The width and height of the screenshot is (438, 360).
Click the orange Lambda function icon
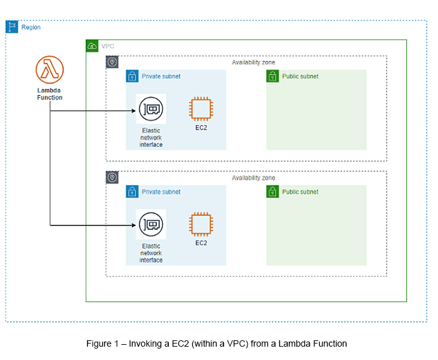point(50,69)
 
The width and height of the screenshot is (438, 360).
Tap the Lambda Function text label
point(50,94)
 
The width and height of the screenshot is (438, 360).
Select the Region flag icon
point(12,27)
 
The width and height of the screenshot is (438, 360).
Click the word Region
point(31,27)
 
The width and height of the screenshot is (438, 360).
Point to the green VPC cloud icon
point(92,46)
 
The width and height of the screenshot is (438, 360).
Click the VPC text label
point(108,46)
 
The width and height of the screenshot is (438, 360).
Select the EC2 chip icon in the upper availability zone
point(201,109)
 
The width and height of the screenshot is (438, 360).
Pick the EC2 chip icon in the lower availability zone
point(201,225)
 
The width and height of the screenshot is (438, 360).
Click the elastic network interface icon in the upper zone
point(151,110)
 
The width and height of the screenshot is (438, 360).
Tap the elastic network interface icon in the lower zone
point(151,225)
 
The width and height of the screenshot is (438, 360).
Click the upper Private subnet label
point(161,76)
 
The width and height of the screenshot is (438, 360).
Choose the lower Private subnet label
point(161,192)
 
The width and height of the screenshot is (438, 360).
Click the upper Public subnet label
point(300,76)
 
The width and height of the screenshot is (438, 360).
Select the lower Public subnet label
point(300,192)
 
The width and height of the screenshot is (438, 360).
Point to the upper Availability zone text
point(254,62)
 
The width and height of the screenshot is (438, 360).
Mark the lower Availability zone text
point(254,178)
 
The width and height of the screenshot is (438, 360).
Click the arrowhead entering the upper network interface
point(135,110)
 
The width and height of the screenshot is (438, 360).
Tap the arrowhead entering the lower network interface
point(135,225)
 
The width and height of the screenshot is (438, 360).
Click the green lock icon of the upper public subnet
point(272,76)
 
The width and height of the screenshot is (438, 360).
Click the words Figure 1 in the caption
point(103,343)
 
